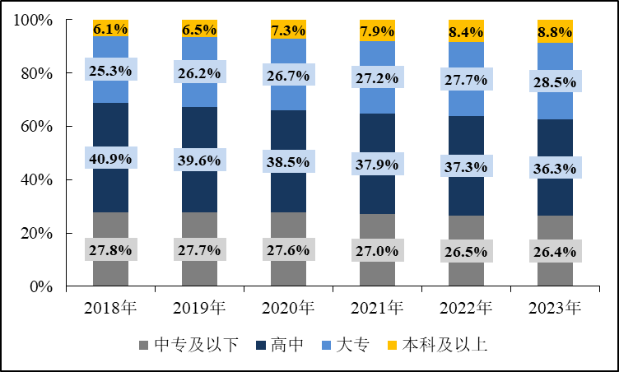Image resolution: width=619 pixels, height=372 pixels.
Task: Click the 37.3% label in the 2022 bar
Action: click(x=466, y=167)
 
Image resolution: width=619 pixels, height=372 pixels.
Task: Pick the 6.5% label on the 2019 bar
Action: click(x=199, y=30)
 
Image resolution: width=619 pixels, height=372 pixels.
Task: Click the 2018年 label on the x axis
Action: click(x=110, y=309)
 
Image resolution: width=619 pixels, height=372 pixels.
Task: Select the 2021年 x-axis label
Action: click(x=377, y=309)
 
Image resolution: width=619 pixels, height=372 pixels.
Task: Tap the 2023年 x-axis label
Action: click(x=555, y=309)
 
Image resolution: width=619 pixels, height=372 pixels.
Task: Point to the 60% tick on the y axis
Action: click(x=37, y=127)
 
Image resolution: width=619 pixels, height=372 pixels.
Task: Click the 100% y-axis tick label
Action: click(x=33, y=20)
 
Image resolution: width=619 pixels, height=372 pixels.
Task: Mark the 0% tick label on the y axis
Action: click(x=41, y=287)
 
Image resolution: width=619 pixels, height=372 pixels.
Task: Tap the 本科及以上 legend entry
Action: click(x=436, y=345)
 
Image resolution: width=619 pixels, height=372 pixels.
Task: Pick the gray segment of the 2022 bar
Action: click(x=466, y=272)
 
